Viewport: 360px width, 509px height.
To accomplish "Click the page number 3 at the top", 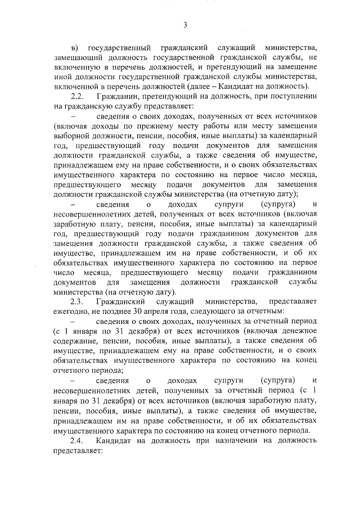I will (x=184, y=24).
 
